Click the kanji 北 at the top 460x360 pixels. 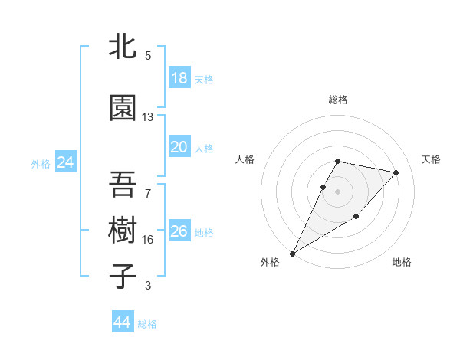point(123,47)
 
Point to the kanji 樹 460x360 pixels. point(123,231)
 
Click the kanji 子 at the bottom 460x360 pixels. point(123,277)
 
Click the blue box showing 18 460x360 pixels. point(179,78)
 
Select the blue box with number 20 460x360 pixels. point(179,147)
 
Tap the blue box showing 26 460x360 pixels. point(179,231)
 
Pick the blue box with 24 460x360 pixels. point(65,162)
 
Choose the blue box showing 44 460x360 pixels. point(123,322)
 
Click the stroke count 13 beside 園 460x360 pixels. point(148,117)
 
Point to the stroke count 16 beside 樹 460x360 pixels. point(148,240)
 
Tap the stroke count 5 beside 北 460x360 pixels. point(148,56)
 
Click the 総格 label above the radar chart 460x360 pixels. point(338,100)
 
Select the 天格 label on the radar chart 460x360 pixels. point(432,159)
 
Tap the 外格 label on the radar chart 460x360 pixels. point(270,262)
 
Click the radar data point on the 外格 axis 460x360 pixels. point(292,253)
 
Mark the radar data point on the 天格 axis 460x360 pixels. point(396,172)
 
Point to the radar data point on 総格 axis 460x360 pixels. point(338,161)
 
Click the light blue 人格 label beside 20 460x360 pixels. point(203,148)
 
